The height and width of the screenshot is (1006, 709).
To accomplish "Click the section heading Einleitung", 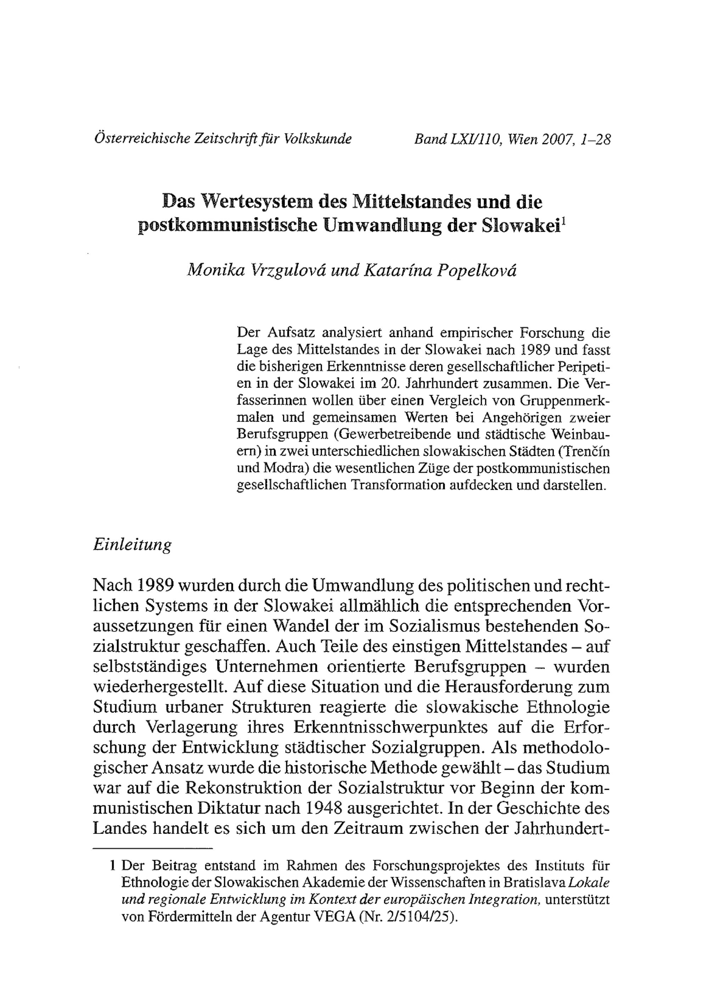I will point(132,545).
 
